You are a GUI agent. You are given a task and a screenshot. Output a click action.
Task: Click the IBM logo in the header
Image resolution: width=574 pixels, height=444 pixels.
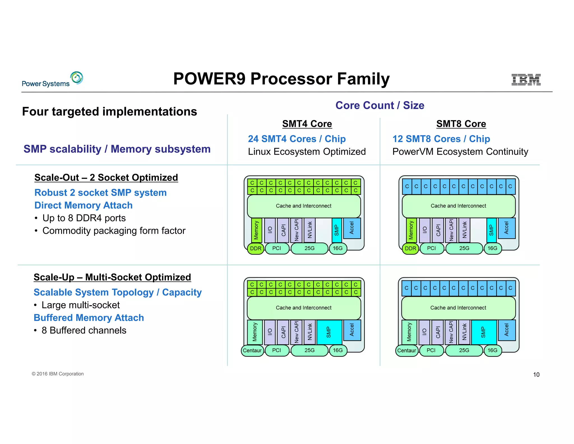526,79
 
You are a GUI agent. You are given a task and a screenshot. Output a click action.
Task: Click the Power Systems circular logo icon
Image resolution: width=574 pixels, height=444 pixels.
77,78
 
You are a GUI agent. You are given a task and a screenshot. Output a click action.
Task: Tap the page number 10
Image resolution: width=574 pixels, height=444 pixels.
536,374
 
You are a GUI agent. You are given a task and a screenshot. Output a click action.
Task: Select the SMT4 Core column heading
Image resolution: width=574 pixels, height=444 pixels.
307,124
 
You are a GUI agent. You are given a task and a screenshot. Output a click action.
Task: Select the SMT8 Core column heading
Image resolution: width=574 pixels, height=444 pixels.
461,124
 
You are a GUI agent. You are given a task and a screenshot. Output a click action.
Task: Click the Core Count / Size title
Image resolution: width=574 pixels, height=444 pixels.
380,105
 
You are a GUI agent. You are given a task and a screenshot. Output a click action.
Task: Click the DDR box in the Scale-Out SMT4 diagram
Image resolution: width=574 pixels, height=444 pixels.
256,248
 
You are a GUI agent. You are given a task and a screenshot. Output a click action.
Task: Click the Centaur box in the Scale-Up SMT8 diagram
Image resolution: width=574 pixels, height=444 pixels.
406,350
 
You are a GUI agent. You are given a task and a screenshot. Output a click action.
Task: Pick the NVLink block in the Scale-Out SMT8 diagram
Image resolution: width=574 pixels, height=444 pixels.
464,230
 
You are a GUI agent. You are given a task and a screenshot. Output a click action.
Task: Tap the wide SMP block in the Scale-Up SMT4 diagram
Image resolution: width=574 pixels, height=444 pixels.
329,332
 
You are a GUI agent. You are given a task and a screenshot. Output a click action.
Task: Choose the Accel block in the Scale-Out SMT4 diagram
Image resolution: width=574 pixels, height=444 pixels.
352,228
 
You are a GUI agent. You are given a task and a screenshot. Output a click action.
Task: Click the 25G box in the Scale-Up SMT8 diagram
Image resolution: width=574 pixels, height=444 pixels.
464,350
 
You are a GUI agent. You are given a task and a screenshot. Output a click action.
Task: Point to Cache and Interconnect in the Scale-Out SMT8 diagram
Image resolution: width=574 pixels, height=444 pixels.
458,206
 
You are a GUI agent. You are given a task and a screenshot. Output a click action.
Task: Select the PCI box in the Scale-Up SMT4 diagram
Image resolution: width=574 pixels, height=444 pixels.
277,350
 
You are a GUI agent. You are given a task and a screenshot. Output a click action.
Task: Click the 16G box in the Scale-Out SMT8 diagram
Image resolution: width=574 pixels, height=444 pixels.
492,248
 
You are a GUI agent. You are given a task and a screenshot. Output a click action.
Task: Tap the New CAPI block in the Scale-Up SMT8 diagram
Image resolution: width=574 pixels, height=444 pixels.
451,332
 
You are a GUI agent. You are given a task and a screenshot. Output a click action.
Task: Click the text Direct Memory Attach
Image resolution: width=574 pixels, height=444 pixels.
83,205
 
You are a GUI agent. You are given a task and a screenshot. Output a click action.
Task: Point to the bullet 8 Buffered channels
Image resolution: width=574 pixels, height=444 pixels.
84,330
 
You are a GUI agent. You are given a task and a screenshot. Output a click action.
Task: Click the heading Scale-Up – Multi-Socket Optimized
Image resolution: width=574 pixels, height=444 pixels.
112,277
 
